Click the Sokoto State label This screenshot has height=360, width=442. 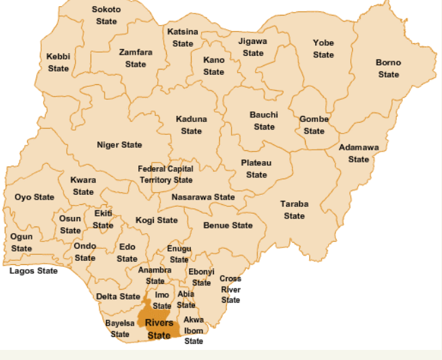point(107,16)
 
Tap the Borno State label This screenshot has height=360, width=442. point(388,68)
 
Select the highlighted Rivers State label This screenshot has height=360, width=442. point(159,328)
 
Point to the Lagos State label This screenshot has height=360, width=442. point(34,271)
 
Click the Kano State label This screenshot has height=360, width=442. point(213,66)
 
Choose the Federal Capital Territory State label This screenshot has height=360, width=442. point(166,175)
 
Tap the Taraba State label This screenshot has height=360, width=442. point(294,210)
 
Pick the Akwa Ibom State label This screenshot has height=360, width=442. point(194,330)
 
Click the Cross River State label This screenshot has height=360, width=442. point(230,289)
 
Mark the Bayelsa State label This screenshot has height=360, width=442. point(120,329)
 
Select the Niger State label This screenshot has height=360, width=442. point(119,145)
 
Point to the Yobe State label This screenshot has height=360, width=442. point(323,49)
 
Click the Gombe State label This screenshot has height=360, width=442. point(314,125)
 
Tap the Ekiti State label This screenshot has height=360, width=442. point(103,219)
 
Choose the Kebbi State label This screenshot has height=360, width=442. point(58,63)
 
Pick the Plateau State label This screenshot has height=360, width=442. point(256,169)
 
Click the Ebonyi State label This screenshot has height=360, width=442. point(201,277)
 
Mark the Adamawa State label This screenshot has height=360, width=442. point(358,153)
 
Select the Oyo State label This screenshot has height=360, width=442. point(34,198)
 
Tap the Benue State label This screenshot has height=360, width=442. point(228,225)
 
